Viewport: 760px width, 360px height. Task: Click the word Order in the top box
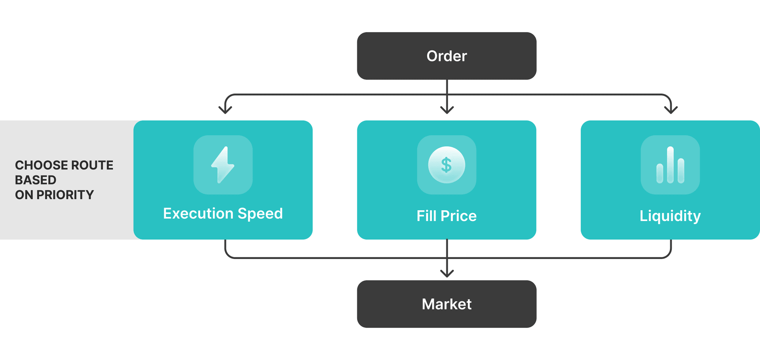(446, 56)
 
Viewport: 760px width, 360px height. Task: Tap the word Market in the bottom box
(446, 304)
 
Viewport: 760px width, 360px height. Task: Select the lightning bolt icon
(223, 165)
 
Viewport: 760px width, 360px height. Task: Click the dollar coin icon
(446, 165)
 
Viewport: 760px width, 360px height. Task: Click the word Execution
(198, 213)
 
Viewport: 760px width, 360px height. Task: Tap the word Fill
(427, 216)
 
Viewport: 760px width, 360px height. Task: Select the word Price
(459, 216)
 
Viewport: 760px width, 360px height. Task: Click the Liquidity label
(670, 216)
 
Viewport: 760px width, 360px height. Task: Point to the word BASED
(36, 180)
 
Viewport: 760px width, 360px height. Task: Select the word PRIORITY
(65, 195)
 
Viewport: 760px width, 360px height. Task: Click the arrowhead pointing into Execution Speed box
(225, 110)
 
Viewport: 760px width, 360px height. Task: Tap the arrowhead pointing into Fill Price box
(447, 110)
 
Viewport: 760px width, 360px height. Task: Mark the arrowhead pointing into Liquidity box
(671, 110)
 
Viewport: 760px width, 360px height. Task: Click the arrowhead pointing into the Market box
(447, 273)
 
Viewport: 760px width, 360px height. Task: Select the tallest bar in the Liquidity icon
(670, 165)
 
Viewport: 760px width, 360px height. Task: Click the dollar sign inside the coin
(446, 165)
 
